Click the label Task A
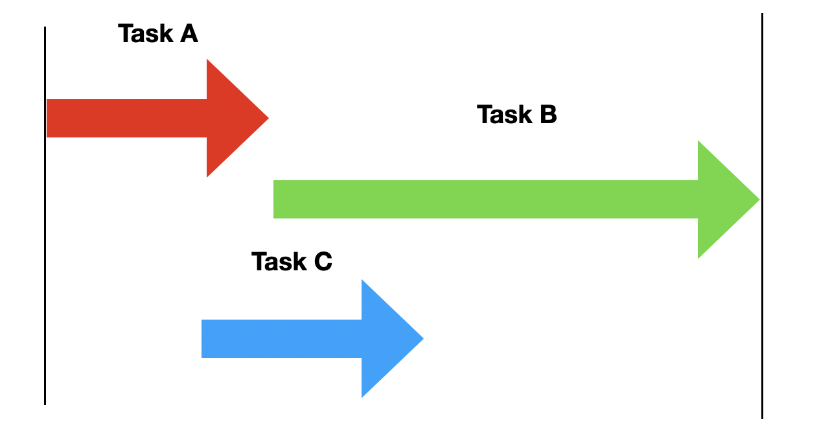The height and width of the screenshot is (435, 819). [157, 34]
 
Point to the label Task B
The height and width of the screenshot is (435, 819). [516, 115]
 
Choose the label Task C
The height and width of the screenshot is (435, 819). [292, 262]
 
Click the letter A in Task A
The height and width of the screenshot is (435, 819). [189, 34]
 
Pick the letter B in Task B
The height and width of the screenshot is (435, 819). [548, 115]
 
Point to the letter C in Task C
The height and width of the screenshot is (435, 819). [323, 262]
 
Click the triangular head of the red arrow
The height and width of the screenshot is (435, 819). [230, 119]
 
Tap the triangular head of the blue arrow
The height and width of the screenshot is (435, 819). [385, 338]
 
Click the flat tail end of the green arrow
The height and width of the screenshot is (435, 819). [276, 200]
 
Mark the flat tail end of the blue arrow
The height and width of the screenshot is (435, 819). [204, 338]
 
